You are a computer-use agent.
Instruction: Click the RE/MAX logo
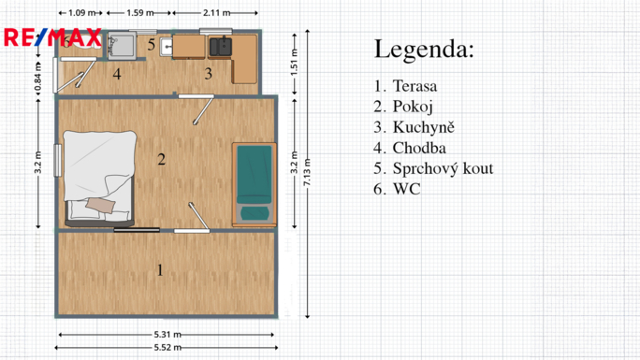tap(52, 37)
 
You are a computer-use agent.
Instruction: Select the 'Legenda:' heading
tap(424, 50)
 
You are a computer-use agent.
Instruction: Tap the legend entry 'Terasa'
tap(415, 86)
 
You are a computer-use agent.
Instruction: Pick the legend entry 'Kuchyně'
tap(423, 127)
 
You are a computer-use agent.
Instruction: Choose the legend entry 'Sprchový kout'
tap(443, 168)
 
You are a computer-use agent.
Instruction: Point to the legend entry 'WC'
tap(406, 189)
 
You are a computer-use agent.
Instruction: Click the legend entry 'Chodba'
tap(419, 148)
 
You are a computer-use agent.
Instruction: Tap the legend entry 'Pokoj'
tap(413, 107)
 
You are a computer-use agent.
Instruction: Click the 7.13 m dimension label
tap(307, 172)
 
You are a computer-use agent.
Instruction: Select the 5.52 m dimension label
tap(167, 348)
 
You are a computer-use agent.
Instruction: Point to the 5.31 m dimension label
tap(167, 335)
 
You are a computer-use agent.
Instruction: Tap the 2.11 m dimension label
tap(217, 13)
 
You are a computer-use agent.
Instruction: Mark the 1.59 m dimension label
tap(140, 13)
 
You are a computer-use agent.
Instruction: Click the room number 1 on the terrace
tap(160, 270)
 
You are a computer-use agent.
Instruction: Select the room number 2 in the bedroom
tap(162, 159)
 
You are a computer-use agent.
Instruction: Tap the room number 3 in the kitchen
tap(208, 74)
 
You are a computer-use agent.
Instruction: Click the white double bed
tap(100, 179)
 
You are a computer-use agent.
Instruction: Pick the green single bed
tap(255, 184)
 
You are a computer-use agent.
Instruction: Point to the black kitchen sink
tap(221, 47)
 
